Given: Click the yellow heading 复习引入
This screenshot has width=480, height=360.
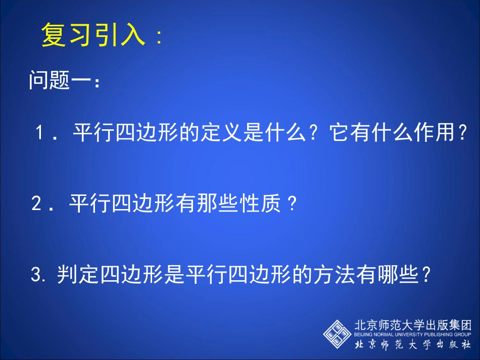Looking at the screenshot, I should [x=93, y=35].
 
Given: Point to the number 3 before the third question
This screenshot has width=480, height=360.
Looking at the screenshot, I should [x=35, y=275].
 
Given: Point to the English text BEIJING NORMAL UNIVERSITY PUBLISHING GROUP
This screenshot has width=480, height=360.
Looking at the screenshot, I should [x=413, y=335].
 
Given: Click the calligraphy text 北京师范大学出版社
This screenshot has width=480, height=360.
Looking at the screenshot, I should [x=413, y=346].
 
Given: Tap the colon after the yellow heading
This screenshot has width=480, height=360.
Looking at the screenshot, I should [x=160, y=38].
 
